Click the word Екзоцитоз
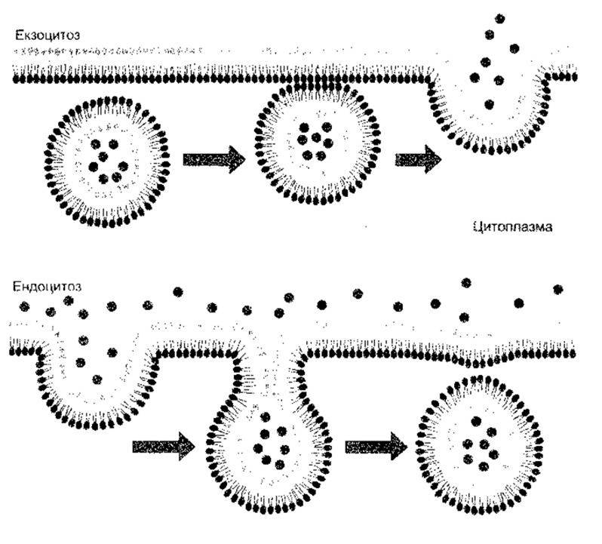click(48, 35)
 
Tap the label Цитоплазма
click(512, 227)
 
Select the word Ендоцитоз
click(47, 287)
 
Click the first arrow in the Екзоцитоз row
click(213, 159)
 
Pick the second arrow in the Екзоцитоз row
click(418, 159)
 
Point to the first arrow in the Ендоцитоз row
click(164, 447)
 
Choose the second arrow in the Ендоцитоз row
click(376, 447)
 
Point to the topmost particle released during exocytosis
click(500, 18)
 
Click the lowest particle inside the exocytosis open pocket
click(489, 104)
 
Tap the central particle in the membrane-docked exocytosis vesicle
click(316, 137)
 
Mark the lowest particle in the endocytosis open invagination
click(97, 380)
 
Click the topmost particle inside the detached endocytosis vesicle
click(476, 421)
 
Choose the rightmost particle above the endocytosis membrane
click(557, 289)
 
